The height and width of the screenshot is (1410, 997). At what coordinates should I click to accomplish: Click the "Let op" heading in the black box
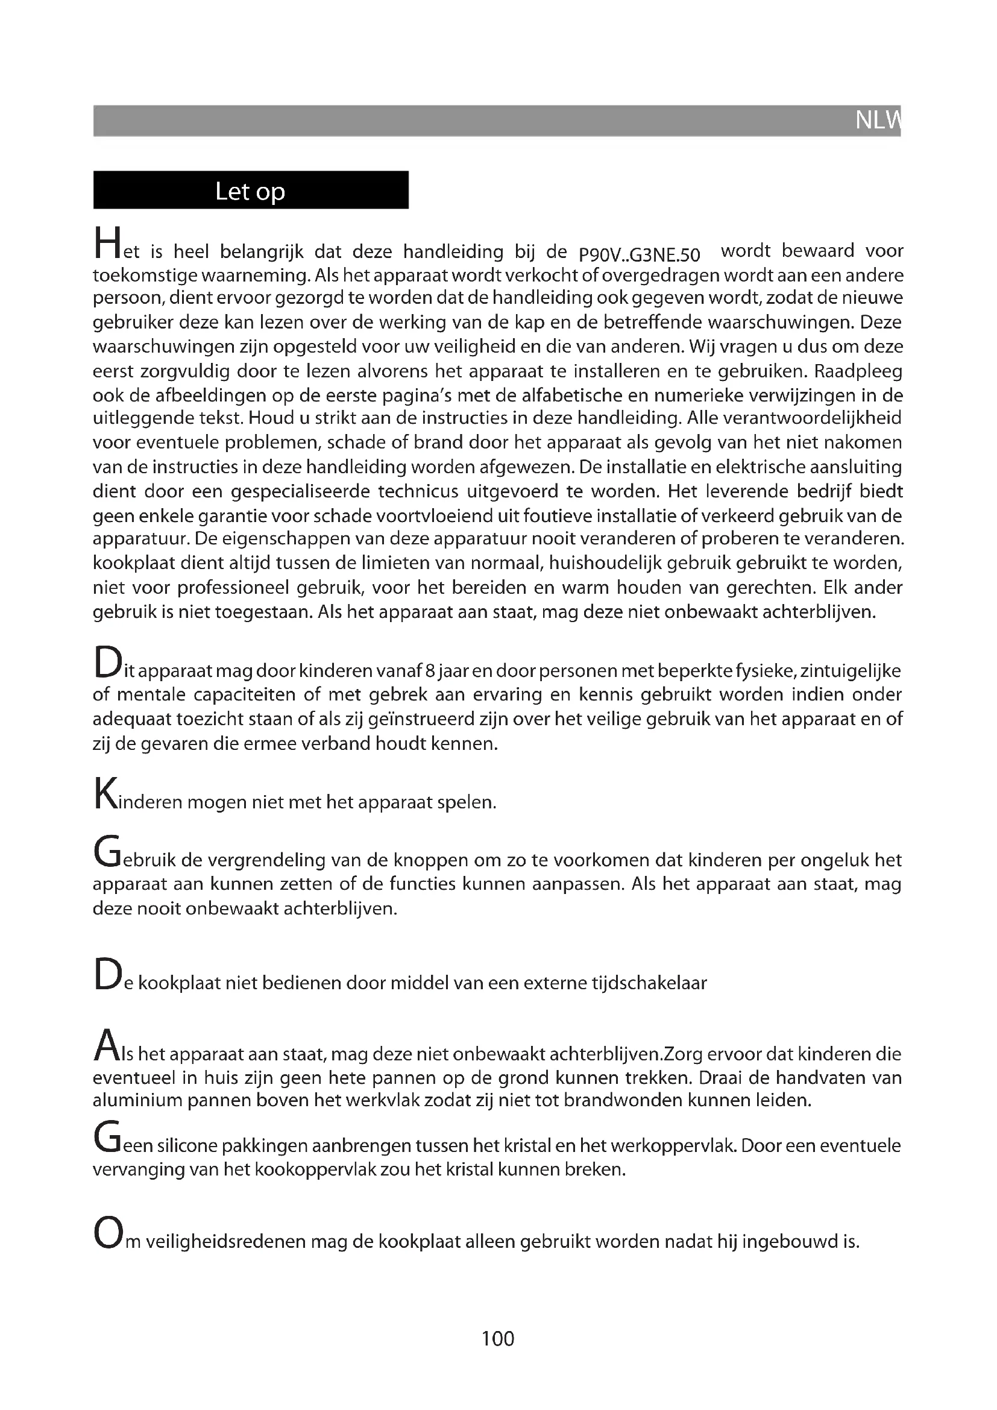250,192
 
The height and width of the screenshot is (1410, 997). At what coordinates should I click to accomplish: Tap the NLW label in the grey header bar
877,121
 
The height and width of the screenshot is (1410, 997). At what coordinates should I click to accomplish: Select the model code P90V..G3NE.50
639,254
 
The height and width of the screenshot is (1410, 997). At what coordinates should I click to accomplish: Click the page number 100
498,1338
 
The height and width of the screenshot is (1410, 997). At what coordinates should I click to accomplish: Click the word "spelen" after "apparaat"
468,802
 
